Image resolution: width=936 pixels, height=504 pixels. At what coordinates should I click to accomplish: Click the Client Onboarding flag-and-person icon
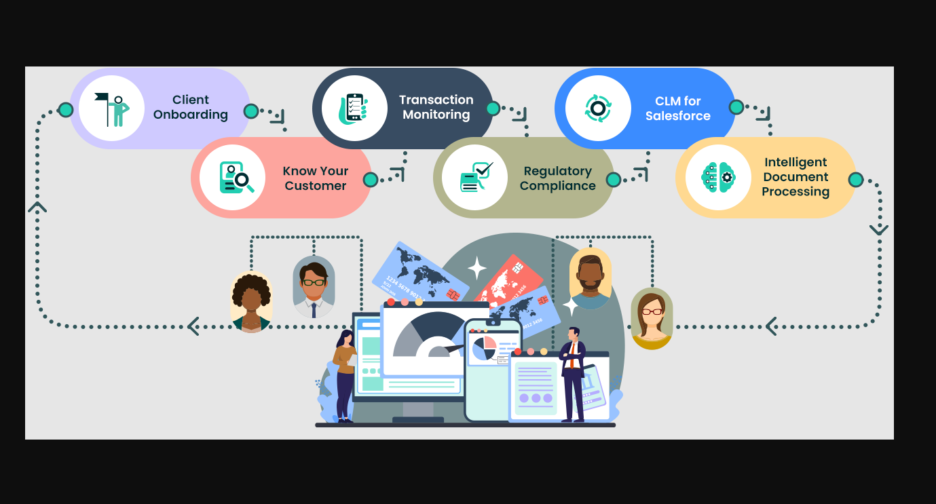tap(111, 109)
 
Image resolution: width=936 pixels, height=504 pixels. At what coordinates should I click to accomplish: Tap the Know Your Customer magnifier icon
tap(236, 178)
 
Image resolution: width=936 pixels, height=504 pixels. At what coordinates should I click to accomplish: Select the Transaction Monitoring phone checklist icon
tap(354, 109)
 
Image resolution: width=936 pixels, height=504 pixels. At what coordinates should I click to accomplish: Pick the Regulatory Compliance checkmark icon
tap(476, 177)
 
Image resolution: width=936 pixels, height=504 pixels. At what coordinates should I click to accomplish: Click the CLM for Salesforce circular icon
tap(598, 109)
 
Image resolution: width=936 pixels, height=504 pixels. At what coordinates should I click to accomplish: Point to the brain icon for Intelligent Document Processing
tap(718, 178)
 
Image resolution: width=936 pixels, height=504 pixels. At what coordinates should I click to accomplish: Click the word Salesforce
tap(678, 116)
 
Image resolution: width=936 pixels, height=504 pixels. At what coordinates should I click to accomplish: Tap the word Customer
tap(316, 186)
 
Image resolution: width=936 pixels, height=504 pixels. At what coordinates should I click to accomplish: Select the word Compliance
tap(558, 186)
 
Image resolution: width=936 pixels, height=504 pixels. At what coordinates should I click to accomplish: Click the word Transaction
tap(436, 100)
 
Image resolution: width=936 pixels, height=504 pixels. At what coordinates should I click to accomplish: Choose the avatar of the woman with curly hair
tap(251, 302)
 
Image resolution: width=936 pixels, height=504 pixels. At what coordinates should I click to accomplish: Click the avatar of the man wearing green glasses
tap(314, 287)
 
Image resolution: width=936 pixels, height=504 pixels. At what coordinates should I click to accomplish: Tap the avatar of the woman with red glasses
tap(652, 318)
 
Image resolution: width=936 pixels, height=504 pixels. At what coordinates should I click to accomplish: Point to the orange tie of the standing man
tap(572, 355)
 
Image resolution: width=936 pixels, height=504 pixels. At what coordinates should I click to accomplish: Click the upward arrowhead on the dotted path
tap(37, 207)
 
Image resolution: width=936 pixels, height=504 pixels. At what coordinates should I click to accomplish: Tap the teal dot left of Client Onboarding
tap(66, 111)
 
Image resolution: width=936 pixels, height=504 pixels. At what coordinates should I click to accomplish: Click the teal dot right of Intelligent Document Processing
tap(856, 180)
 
